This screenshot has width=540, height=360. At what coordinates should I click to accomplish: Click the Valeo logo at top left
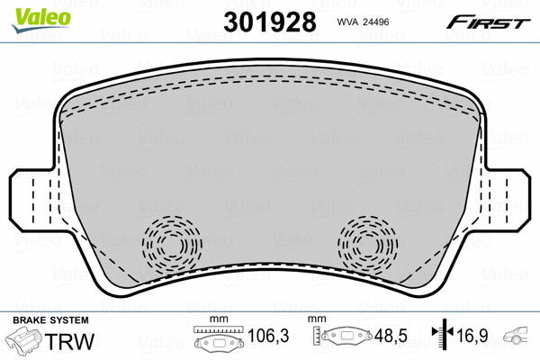41,21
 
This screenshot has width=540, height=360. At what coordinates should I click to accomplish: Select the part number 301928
270,22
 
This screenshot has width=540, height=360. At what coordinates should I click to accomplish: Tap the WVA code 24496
363,22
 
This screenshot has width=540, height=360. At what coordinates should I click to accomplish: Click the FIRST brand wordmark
488,22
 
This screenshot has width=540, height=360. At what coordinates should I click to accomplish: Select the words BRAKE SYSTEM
50,320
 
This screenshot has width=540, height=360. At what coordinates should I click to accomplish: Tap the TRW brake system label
69,341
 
